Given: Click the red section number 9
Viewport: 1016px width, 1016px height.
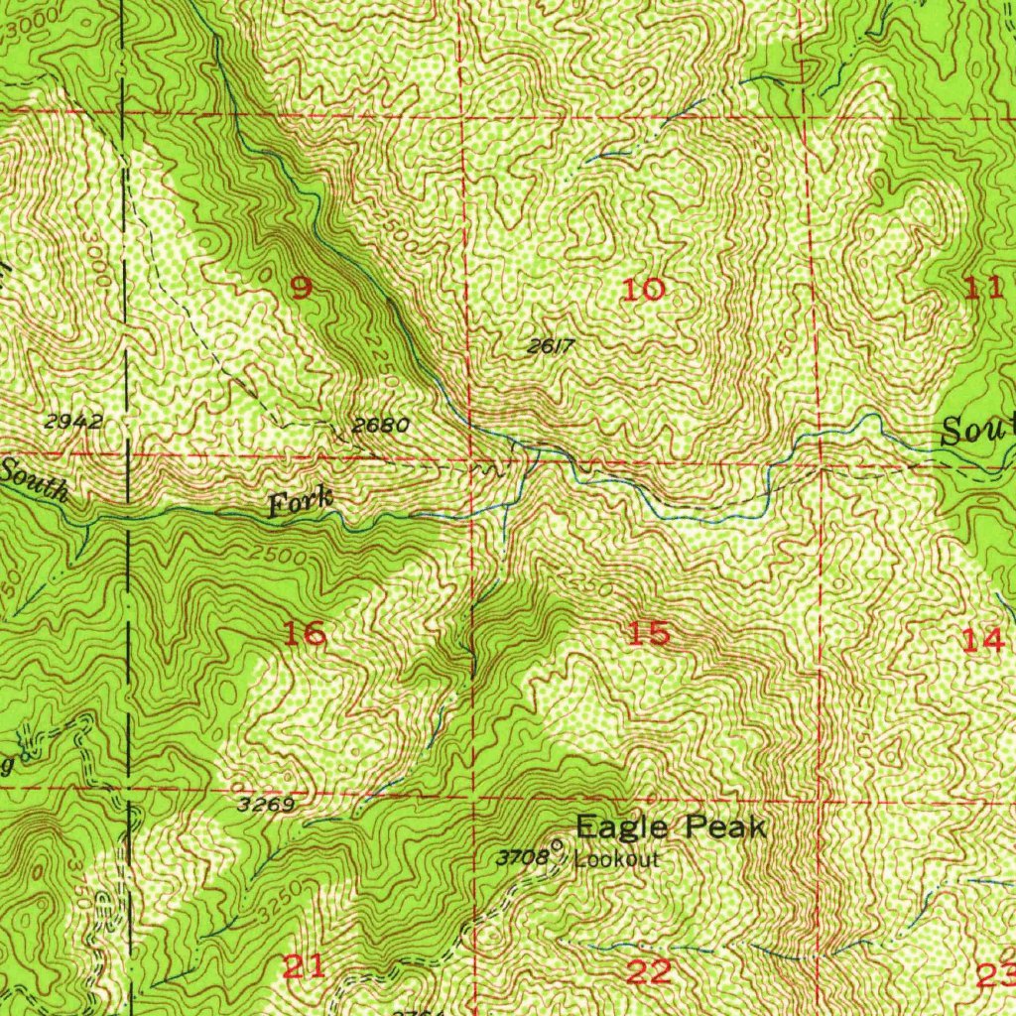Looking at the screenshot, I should click(301, 289).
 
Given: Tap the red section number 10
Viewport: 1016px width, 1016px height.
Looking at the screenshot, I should click(643, 290).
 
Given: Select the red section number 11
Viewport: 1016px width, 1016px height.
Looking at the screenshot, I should click(983, 289).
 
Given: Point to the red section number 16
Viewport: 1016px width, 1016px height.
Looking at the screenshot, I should click(306, 633).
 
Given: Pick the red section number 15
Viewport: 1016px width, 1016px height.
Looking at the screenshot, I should click(649, 633).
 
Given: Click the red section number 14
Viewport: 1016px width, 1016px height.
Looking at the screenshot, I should click(983, 640).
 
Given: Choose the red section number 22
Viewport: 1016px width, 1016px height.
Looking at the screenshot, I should click(649, 972).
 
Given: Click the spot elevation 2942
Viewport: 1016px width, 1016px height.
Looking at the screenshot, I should click(74, 421).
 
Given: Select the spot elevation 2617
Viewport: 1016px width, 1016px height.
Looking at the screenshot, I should click(551, 346).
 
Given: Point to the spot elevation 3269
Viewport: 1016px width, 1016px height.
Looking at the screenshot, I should click(266, 805).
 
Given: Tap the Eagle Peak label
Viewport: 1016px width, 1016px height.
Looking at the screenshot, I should click(671, 826).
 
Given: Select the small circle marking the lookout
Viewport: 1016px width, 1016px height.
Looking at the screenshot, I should click(557, 845).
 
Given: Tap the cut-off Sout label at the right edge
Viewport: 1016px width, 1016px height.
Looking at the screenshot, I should click(978, 432).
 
